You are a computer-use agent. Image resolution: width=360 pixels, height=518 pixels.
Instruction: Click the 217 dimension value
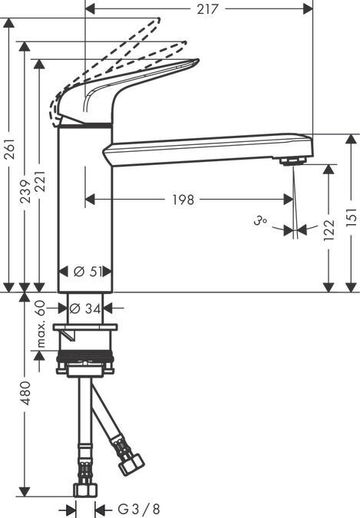pos(207,9)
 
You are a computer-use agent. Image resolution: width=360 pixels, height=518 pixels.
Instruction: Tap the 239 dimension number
pos(26,192)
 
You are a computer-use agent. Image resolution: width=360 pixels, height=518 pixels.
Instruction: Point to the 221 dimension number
pos(40,182)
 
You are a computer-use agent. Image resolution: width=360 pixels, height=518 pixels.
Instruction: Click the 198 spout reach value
pos(183,200)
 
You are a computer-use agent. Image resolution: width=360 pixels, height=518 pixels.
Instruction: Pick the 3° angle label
pos(260,220)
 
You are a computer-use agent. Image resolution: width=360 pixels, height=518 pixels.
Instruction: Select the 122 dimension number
pos(329,230)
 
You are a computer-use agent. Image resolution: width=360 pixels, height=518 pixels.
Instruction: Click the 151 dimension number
pos(352,216)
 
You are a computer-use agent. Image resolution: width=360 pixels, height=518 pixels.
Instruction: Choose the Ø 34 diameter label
pos(86,309)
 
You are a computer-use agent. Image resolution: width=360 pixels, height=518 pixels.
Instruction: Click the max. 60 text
pos(40,324)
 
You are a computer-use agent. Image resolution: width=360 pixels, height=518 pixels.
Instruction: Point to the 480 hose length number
pos(25,393)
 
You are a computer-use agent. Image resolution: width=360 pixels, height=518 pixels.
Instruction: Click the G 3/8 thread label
pos(139,509)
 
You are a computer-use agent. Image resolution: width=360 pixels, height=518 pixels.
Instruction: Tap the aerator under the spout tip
pos(292,161)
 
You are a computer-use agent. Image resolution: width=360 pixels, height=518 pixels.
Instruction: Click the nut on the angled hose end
pos(131,464)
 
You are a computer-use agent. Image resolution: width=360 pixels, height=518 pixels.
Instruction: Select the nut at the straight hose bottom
pos(85,490)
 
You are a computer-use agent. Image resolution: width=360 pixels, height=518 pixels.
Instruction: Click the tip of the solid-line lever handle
pos(198,60)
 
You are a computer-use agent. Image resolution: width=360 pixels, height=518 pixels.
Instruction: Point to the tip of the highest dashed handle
pos(160,19)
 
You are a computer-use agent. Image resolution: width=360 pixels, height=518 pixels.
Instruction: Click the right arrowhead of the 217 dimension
pos(308,9)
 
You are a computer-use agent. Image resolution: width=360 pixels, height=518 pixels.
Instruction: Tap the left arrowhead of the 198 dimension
pos(91,200)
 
